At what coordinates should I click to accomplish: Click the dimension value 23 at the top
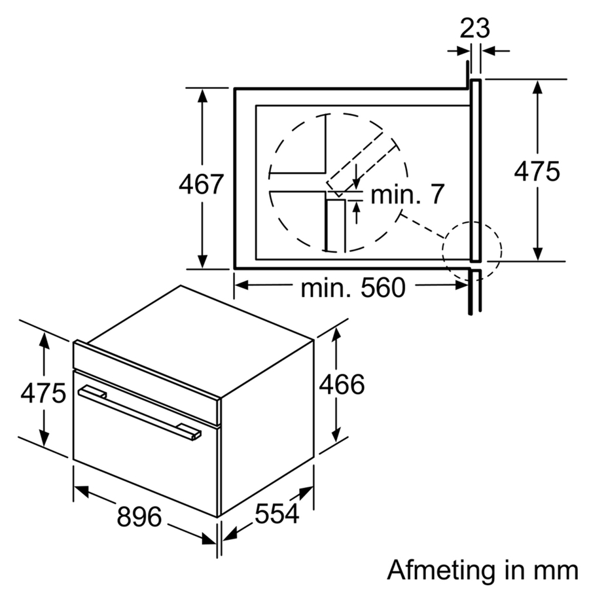[475, 28]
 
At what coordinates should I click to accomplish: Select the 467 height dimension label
[202, 184]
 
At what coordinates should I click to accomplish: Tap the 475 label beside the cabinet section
[537, 171]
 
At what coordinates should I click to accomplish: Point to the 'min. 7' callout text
[408, 194]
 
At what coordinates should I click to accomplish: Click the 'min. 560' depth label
[353, 288]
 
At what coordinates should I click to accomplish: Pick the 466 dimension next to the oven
[342, 384]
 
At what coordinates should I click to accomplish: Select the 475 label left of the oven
[43, 393]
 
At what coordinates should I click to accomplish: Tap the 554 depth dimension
[277, 513]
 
